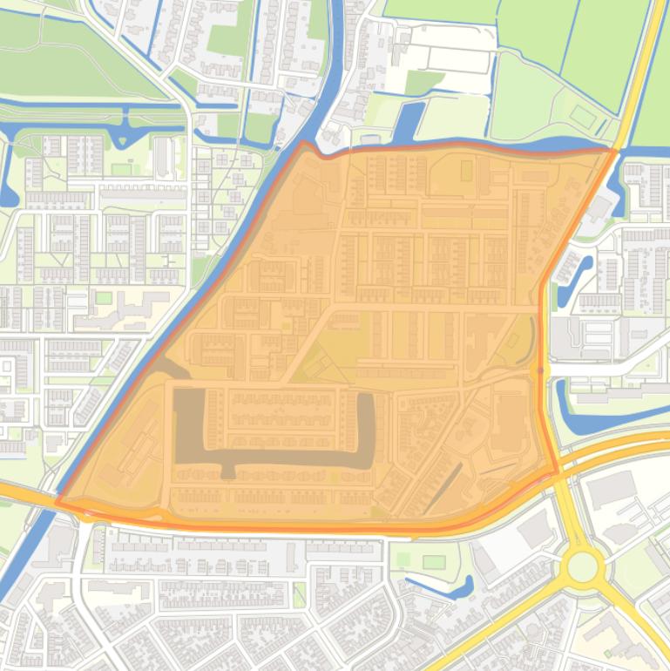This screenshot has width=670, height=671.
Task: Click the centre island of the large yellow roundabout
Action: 582,567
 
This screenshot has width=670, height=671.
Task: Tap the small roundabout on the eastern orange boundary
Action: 540,371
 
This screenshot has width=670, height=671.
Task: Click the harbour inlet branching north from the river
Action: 406,122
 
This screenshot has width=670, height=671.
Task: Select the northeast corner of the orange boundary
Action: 615,151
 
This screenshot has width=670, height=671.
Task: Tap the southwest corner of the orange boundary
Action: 58,503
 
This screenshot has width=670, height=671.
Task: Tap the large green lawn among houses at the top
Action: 227,39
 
